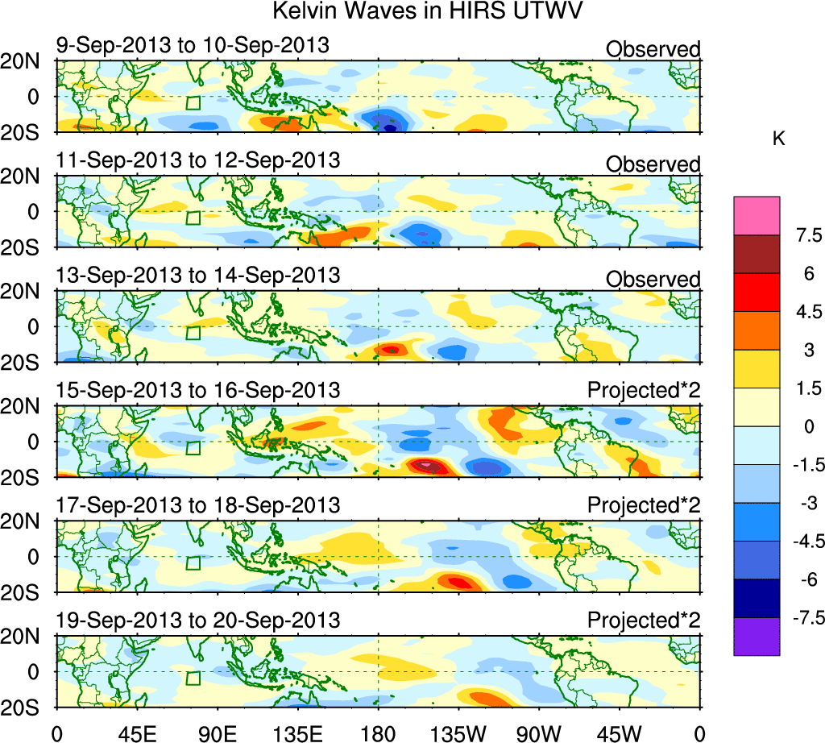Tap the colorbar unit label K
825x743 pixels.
click(x=778, y=139)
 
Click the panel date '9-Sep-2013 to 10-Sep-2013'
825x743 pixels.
click(x=193, y=45)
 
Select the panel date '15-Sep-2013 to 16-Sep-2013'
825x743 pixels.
click(x=198, y=390)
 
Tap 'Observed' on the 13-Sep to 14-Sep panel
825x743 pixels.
click(x=653, y=280)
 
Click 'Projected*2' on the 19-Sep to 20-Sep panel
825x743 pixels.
click(x=644, y=621)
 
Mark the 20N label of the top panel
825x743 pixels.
click(x=26, y=61)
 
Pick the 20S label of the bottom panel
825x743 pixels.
click(x=26, y=707)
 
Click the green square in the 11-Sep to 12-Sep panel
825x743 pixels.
click(x=193, y=218)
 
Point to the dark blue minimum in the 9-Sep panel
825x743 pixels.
click(x=391, y=127)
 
